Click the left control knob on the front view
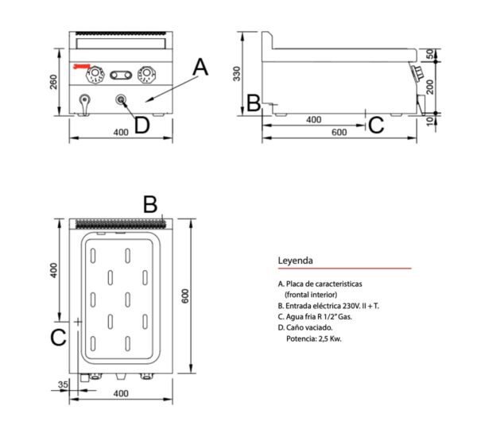(x=95, y=74)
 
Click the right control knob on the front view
(x=146, y=74)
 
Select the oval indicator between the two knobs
(x=121, y=75)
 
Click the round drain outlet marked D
(x=121, y=99)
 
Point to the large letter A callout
(x=200, y=68)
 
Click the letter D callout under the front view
(x=142, y=126)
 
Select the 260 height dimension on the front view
(x=53, y=82)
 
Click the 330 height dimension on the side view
(x=236, y=74)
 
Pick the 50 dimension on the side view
(x=430, y=54)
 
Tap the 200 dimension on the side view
(x=430, y=87)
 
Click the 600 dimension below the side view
(x=339, y=132)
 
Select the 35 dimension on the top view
(x=63, y=385)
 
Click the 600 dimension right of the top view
(x=185, y=296)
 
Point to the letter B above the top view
(x=150, y=205)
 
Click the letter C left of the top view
(x=58, y=337)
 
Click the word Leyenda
(x=295, y=261)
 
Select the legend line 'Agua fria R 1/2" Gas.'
(x=315, y=316)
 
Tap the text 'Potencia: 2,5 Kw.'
(x=314, y=338)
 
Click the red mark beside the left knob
(x=82, y=66)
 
